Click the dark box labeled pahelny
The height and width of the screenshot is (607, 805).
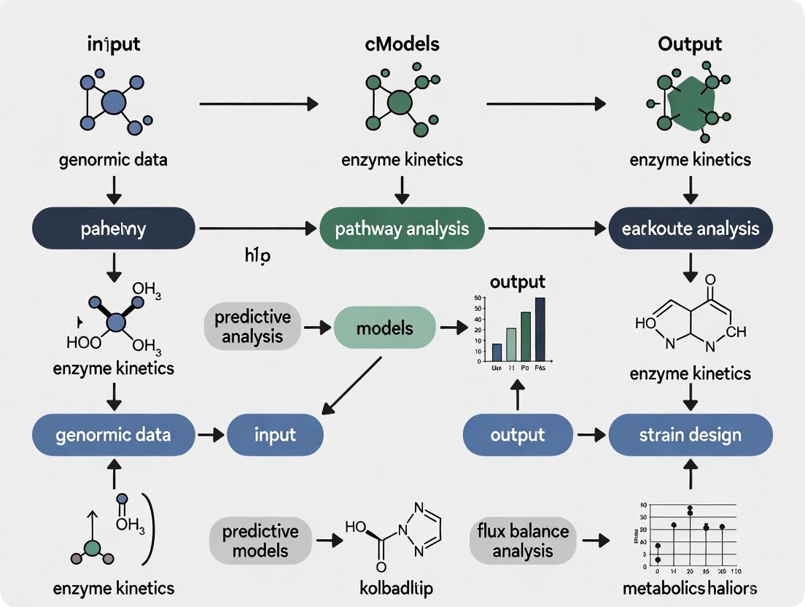pos(113,228)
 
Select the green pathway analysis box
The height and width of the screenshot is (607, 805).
pos(402,228)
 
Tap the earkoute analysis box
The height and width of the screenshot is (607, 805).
pos(691,228)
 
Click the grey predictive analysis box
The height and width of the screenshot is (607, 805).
pos(252,327)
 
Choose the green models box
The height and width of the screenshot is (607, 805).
pos(384,328)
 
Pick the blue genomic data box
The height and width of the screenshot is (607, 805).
pos(113,435)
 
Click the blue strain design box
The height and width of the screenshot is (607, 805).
pos(691,435)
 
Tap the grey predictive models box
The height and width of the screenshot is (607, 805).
pos(260,540)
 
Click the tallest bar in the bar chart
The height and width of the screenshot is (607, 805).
pos(540,328)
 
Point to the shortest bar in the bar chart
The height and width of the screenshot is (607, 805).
pos(497,352)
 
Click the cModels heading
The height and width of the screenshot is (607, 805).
pos(402,44)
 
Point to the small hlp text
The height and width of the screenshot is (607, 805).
pos(257,256)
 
